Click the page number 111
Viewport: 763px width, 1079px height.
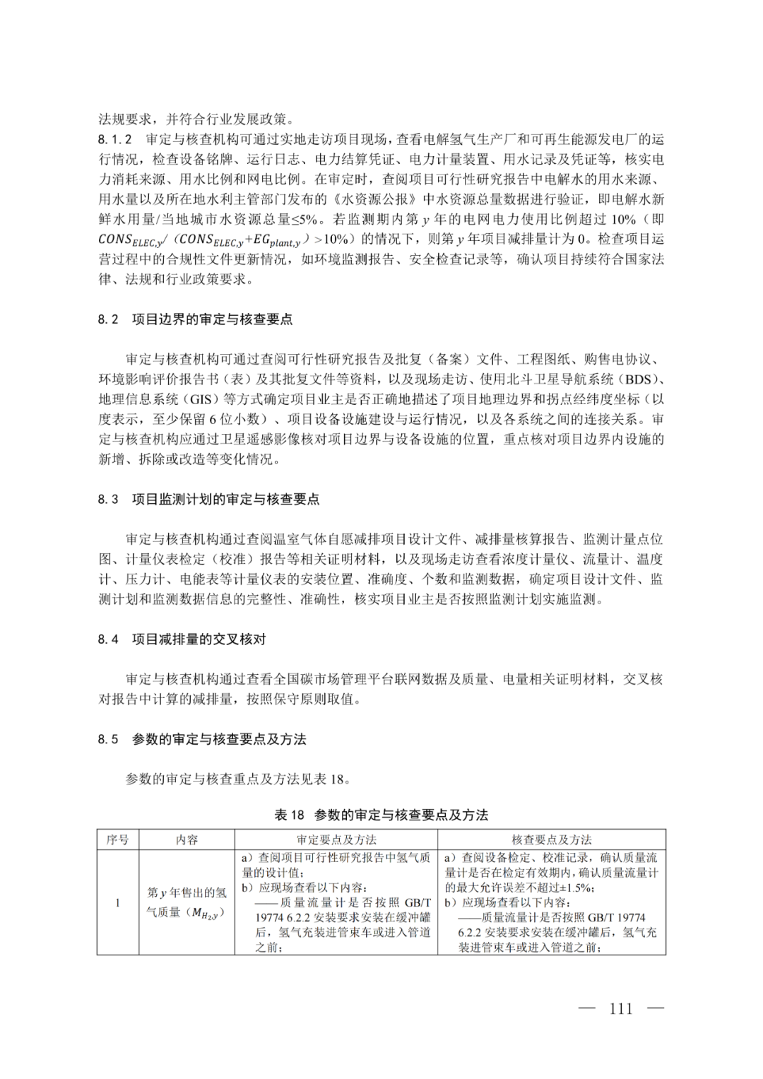[620, 1008]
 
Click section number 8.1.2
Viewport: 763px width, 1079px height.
[115, 139]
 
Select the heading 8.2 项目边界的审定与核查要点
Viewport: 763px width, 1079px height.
[195, 319]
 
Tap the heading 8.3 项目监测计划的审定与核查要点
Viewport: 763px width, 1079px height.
[208, 500]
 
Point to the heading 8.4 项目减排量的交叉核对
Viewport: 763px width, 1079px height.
[182, 639]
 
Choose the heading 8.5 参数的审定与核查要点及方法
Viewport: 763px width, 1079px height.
[202, 739]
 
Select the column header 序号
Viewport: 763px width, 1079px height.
[118, 839]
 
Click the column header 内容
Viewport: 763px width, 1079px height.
[187, 839]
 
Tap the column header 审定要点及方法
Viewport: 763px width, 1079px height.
[336, 839]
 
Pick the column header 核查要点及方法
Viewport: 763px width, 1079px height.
[552, 839]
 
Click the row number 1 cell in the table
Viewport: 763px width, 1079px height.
[118, 902]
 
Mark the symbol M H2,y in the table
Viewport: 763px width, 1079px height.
[210, 913]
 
